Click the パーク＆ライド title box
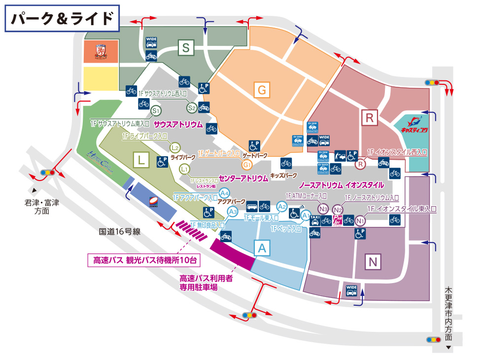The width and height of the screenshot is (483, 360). [62, 19]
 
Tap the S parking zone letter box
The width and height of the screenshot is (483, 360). [186, 48]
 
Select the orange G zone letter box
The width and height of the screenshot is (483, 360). [262, 90]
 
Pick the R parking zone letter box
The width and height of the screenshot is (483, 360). [369, 118]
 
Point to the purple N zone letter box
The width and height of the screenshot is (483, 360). [373, 261]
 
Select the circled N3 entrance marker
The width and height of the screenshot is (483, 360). [323, 209]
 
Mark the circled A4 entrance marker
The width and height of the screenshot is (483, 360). [225, 193]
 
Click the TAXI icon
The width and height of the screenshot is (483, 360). [314, 220]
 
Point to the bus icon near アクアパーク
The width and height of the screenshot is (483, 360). [252, 206]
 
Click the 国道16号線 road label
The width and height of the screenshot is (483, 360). [120, 231]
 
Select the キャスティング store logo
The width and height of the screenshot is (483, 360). [413, 126]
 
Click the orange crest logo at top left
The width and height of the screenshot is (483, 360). [101, 52]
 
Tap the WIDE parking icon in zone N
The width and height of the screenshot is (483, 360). [351, 290]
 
